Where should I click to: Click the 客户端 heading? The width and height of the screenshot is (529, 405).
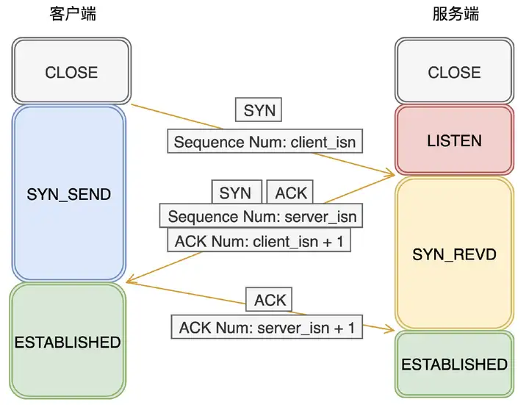[73, 14]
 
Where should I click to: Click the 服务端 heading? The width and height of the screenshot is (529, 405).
[456, 14]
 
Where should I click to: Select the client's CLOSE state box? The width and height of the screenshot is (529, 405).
[71, 71]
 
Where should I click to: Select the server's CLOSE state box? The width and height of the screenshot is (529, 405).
[455, 71]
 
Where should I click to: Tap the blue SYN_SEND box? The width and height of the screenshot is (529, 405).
[69, 193]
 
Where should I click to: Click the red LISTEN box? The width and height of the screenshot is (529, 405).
[455, 140]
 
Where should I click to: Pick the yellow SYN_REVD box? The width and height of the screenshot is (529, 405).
[455, 253]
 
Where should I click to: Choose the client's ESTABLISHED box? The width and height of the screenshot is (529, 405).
[68, 341]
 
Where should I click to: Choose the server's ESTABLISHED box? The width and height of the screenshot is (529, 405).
[455, 364]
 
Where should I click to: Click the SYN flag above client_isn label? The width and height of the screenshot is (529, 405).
[259, 110]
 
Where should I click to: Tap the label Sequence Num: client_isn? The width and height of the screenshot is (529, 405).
[264, 141]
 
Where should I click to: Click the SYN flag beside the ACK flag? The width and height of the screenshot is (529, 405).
[237, 192]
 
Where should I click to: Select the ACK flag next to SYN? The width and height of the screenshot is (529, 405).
[290, 192]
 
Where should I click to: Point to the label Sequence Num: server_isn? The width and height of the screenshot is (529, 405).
[261, 215]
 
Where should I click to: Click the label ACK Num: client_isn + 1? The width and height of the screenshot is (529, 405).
[259, 240]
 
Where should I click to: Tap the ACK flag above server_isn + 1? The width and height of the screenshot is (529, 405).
[269, 299]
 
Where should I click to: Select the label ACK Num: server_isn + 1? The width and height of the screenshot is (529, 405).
[267, 327]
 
